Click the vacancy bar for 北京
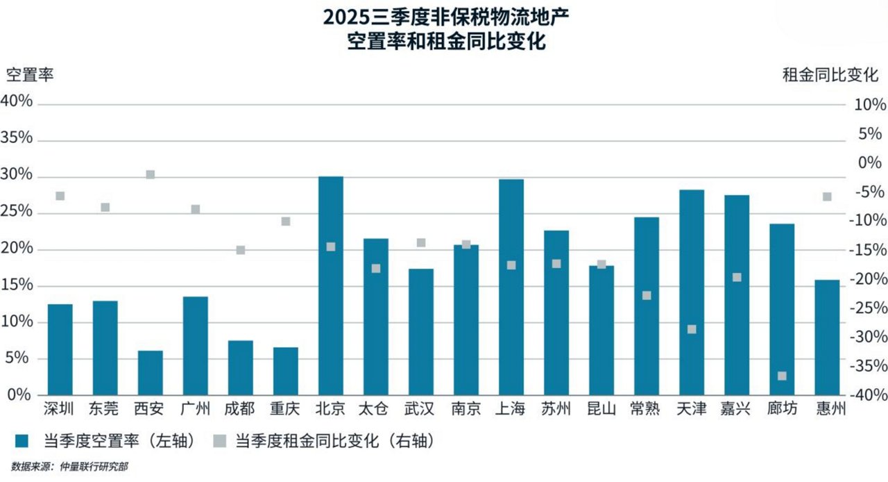[x=330, y=285]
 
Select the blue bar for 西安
[x=150, y=372]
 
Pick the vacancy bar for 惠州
[x=827, y=337]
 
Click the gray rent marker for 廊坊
[x=782, y=376]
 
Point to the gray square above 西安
[x=150, y=174]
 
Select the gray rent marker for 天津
[x=692, y=329]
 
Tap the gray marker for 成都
[x=241, y=250]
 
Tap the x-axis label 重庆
[x=285, y=409]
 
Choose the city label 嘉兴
[x=737, y=409]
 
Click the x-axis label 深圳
[x=60, y=409]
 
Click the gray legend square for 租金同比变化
[x=219, y=440]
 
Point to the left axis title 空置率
[x=30, y=75]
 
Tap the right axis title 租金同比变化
[x=830, y=75]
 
